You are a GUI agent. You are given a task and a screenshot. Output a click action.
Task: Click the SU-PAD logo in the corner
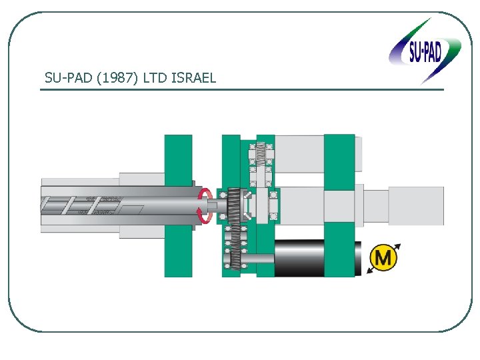tap(425, 51)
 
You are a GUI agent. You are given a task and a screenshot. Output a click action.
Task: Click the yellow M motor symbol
tap(383, 257)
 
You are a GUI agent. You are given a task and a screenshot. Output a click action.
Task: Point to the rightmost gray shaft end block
tap(416, 205)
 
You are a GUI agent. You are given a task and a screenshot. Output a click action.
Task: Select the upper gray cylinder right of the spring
tap(299, 153)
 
